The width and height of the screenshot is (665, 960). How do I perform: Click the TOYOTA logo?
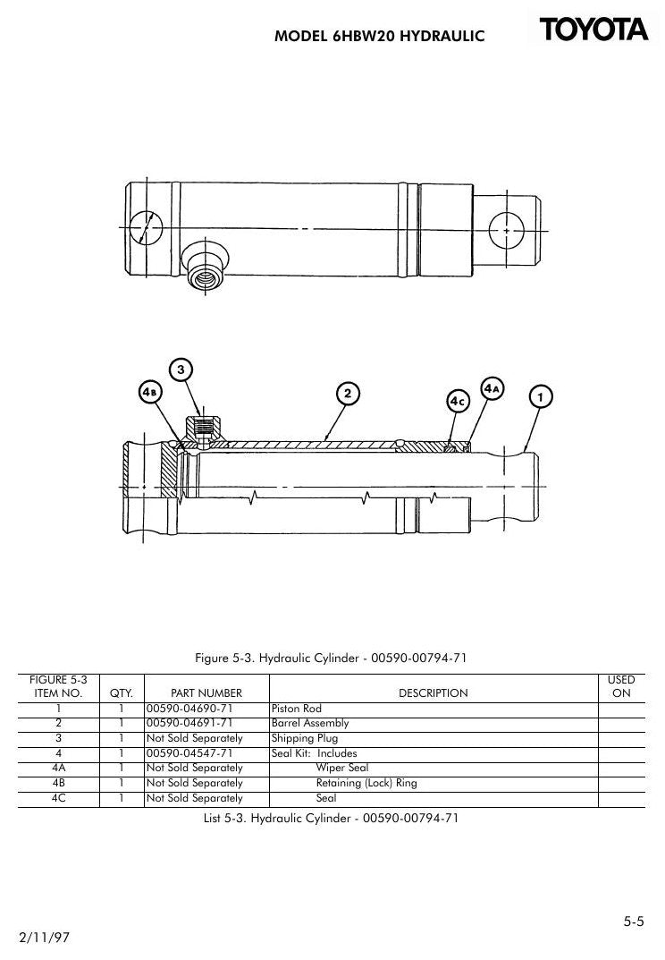click(593, 30)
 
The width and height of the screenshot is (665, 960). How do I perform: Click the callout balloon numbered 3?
click(181, 370)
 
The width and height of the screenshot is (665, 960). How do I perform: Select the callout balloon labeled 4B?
click(150, 392)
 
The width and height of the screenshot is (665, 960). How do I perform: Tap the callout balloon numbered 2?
click(348, 393)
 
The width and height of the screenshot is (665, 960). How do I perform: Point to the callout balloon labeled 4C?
click(458, 401)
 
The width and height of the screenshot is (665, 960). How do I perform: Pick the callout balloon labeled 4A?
click(492, 388)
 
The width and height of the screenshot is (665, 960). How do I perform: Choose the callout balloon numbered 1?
click(540, 396)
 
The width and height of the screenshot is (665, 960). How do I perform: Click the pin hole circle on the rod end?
click(507, 230)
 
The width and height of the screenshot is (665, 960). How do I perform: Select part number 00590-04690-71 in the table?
click(189, 709)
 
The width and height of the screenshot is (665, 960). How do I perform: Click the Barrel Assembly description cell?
click(310, 723)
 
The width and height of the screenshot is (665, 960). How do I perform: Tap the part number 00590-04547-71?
click(189, 753)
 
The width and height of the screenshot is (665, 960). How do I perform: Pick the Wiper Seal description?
click(342, 768)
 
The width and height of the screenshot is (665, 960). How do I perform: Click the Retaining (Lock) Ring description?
click(366, 783)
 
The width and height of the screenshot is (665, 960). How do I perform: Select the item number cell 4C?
click(59, 798)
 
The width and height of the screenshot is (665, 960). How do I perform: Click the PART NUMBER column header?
click(206, 693)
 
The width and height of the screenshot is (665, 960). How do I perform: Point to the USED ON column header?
click(621, 686)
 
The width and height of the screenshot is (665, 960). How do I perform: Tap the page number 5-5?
click(634, 921)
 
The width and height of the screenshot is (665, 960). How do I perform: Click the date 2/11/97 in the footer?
click(44, 938)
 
